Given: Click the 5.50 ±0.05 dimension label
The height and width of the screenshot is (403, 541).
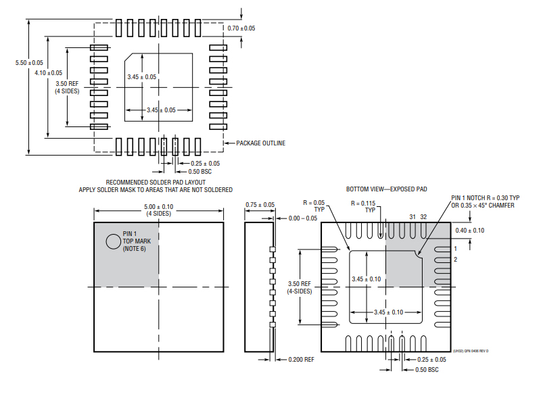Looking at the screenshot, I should click(x=29, y=62).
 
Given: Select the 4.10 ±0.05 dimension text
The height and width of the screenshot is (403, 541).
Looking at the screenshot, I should click(x=48, y=72).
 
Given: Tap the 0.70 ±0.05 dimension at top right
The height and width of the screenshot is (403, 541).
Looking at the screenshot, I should click(x=241, y=28).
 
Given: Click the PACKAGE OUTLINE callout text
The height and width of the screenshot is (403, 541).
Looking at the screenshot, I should click(x=260, y=143).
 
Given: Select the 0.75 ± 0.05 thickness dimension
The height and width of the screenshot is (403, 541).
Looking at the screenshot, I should click(x=260, y=204).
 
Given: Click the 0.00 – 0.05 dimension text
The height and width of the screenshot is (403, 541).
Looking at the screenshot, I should click(x=302, y=218).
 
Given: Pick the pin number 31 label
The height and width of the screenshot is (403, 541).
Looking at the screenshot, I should click(x=413, y=216).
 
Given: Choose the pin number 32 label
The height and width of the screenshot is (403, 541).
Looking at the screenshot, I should click(x=423, y=216).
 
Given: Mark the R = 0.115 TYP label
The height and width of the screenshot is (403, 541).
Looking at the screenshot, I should click(x=367, y=206).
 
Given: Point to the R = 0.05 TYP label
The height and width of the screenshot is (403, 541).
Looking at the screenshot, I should click(x=315, y=206).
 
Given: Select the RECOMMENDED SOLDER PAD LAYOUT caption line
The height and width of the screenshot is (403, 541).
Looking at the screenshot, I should click(x=156, y=182).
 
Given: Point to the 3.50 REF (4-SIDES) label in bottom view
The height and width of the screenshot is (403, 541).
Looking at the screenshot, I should click(x=300, y=287).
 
